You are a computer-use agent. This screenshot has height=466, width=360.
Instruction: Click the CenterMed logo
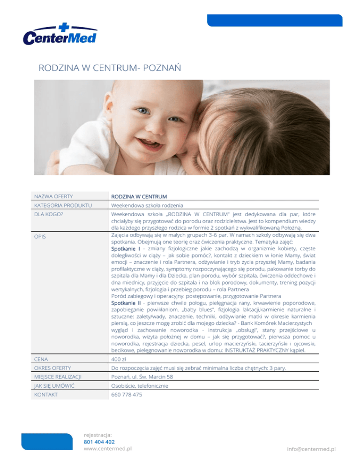click(60, 34)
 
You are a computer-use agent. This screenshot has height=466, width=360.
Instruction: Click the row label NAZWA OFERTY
click(52, 195)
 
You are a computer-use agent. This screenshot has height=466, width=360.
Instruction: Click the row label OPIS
click(40, 237)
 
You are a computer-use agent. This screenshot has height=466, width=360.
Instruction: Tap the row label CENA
click(41, 359)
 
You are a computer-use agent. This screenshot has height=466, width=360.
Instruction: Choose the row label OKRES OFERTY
click(52, 369)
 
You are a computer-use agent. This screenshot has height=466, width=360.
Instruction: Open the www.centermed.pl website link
click(107, 448)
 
